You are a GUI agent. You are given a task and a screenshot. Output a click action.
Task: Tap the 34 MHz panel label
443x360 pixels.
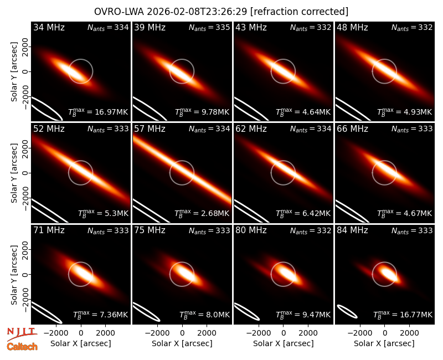point(49,27)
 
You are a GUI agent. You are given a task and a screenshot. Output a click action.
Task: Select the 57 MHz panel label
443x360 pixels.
point(150,129)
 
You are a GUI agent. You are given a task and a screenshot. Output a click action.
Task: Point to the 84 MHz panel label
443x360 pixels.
point(352,230)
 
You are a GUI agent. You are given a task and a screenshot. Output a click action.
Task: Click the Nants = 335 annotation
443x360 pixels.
point(209,27)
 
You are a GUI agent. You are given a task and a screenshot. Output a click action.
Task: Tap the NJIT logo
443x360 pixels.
point(22,333)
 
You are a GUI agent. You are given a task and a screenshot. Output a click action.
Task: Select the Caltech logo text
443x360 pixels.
point(22,347)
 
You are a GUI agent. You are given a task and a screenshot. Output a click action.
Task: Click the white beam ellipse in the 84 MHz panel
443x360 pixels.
point(348,312)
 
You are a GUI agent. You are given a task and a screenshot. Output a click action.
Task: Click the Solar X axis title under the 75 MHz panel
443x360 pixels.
point(182,343)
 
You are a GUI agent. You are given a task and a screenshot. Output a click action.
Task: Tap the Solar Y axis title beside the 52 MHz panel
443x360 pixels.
point(14,173)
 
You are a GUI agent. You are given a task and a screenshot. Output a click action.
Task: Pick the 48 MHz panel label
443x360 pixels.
point(352,27)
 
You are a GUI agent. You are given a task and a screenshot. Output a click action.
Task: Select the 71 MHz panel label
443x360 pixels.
point(49,230)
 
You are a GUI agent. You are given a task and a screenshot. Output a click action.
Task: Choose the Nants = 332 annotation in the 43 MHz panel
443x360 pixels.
point(311,27)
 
